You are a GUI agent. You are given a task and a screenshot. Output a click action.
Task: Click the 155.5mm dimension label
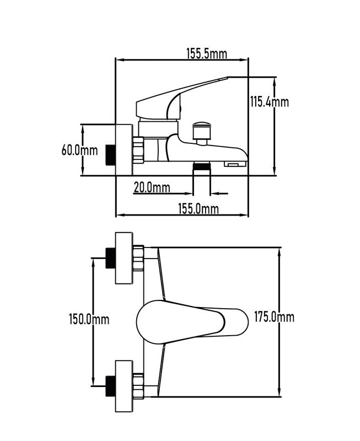coord(207,53)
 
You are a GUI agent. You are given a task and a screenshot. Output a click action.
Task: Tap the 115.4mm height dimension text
coord(270,102)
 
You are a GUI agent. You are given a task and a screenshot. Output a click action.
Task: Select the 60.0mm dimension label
coord(79,150)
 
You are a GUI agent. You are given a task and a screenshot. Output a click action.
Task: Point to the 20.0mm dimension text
coord(152,187)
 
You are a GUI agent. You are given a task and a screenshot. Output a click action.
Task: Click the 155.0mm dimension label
coord(198,209)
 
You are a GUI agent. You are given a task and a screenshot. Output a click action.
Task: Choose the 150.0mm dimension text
coord(89,319)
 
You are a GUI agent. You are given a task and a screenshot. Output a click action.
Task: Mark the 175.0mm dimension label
coord(274,317)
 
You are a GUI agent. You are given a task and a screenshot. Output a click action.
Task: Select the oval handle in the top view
coord(192,322)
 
